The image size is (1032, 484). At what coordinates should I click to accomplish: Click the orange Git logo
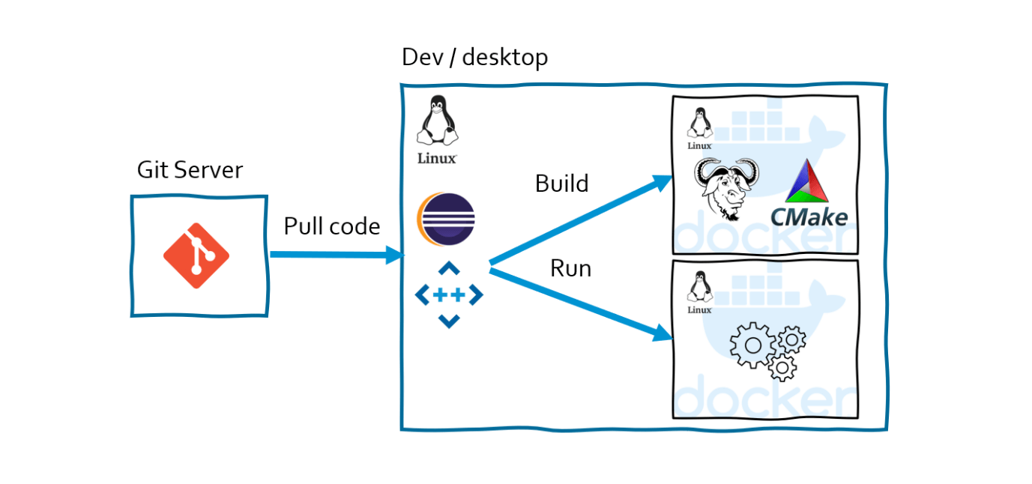(x=196, y=255)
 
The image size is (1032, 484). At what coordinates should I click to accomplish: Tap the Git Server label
(x=190, y=170)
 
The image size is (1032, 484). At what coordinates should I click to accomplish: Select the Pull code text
(x=332, y=226)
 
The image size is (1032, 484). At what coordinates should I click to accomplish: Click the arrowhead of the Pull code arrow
(x=394, y=255)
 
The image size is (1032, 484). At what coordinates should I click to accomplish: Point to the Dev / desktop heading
(x=474, y=58)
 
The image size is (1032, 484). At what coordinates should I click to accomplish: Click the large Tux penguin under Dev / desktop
(x=437, y=120)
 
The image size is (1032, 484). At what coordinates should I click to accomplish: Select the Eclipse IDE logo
(x=446, y=220)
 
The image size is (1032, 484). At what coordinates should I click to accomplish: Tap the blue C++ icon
(x=449, y=294)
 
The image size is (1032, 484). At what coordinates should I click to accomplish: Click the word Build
(x=561, y=184)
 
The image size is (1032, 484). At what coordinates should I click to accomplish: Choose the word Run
(x=571, y=268)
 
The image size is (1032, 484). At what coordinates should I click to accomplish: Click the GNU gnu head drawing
(x=726, y=189)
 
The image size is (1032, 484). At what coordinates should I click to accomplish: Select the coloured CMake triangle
(x=807, y=181)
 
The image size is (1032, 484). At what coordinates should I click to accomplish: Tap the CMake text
(x=809, y=217)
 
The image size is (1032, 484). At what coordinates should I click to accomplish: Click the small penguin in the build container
(x=700, y=122)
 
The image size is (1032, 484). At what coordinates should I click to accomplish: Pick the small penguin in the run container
(x=700, y=286)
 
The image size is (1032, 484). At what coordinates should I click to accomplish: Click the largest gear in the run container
(x=752, y=345)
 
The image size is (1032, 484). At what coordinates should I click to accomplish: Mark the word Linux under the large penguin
(x=437, y=159)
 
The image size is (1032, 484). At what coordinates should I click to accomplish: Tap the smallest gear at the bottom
(x=782, y=367)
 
